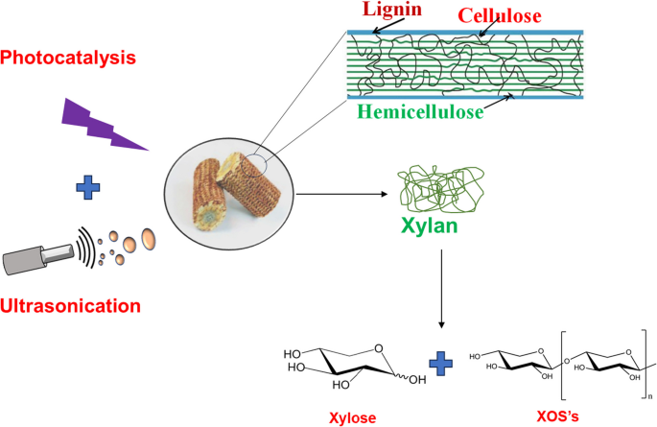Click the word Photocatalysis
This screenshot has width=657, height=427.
click(69, 58)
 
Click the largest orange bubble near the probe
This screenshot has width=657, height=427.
click(150, 237)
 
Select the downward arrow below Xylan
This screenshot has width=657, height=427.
click(441, 289)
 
